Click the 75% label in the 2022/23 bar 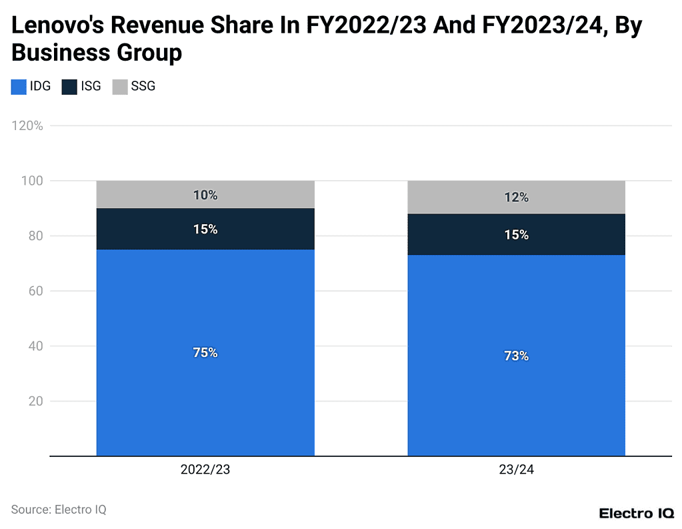(x=205, y=353)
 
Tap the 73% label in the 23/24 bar (x=516, y=356)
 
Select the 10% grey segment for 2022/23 (x=205, y=195)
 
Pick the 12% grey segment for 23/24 (x=516, y=197)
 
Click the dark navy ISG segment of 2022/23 (x=205, y=229)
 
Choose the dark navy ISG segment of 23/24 (x=516, y=235)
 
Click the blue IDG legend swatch (x=19, y=87)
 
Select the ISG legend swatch (x=69, y=87)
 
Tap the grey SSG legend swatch (x=120, y=87)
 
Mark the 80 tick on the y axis (x=36, y=236)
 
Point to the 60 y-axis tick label (x=36, y=291)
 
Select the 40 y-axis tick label (x=36, y=346)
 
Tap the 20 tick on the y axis (x=36, y=402)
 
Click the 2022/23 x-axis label (x=205, y=470)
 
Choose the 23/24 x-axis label (x=516, y=470)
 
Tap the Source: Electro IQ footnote (x=59, y=510)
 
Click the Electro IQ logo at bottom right (x=636, y=513)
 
